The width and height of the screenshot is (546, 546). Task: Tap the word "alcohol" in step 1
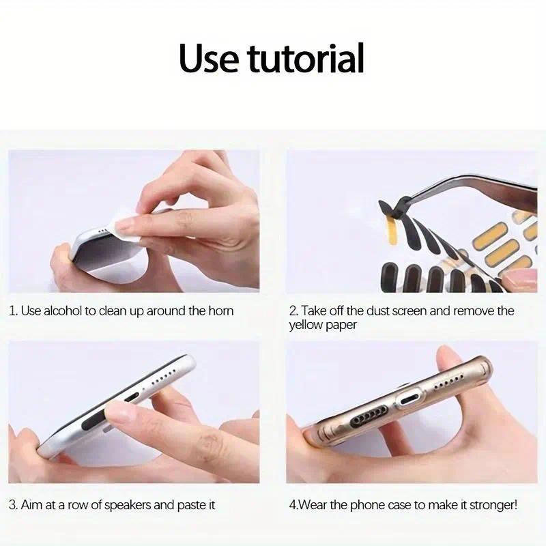point(62,311)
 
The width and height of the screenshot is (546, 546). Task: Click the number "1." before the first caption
point(14,311)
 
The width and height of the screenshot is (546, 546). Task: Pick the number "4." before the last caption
point(293,506)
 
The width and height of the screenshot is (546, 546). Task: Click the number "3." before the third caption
point(14,506)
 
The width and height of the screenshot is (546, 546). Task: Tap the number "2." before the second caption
point(293,311)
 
